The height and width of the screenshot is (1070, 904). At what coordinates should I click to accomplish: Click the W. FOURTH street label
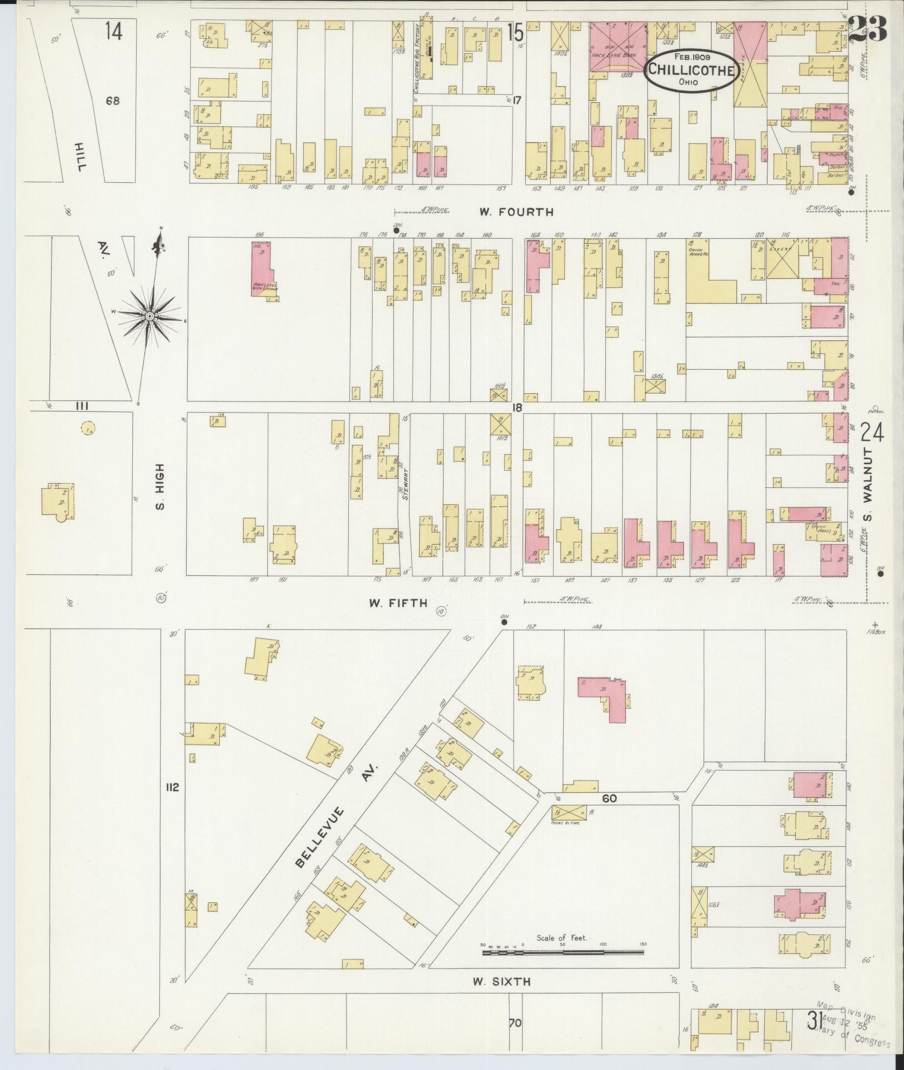click(x=517, y=212)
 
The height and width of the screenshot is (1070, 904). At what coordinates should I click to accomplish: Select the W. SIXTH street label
click(x=501, y=981)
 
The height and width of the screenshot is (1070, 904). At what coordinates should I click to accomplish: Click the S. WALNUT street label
click(x=868, y=485)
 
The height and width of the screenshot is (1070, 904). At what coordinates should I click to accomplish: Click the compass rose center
click(x=150, y=316)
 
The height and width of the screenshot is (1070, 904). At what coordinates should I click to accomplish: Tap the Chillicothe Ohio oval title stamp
click(x=691, y=70)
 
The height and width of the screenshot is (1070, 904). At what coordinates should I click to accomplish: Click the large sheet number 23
click(x=867, y=28)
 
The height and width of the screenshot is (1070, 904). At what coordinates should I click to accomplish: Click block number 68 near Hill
click(x=113, y=101)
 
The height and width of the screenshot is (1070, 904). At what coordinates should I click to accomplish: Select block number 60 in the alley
click(x=609, y=798)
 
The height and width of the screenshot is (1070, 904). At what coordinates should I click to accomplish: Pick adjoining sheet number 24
click(x=871, y=431)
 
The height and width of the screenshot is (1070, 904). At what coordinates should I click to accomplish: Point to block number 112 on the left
click(x=172, y=787)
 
